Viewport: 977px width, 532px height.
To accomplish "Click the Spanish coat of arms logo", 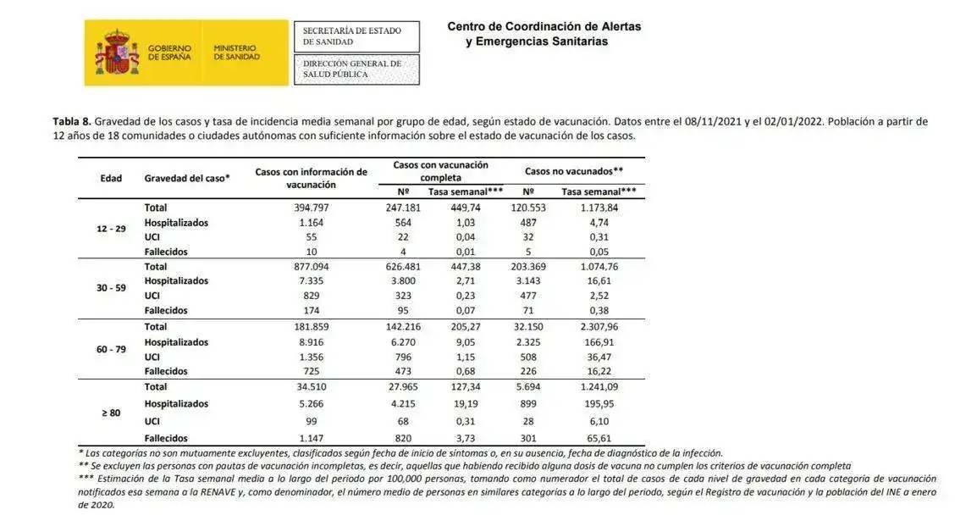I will [x=117, y=53].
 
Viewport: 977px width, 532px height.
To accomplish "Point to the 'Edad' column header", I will [x=111, y=178].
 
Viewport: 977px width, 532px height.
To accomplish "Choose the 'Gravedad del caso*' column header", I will [x=187, y=178].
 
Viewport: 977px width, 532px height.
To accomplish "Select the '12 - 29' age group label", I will [x=111, y=230].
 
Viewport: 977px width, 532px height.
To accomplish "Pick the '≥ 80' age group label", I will [x=111, y=413].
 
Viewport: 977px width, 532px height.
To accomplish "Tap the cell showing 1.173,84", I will [x=599, y=208].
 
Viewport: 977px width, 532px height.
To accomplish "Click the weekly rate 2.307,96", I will [x=599, y=326].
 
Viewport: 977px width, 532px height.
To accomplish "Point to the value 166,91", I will [x=599, y=342].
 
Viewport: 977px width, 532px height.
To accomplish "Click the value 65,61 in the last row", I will [x=599, y=438].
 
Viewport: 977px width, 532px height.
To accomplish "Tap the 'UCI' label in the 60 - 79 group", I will [x=152, y=357].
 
